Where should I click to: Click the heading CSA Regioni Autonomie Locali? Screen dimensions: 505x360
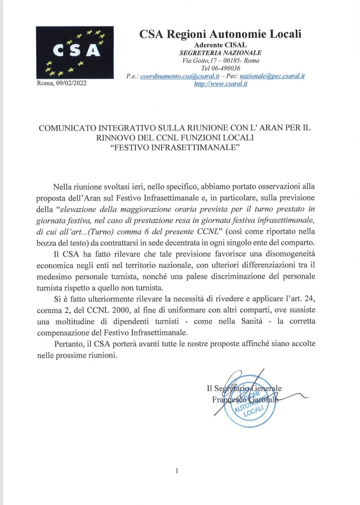coord(220,34)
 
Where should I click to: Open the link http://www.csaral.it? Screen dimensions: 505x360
coord(221,85)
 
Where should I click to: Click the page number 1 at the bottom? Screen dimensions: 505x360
coord(177,471)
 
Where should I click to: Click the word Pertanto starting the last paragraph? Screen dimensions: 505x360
coord(78,344)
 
